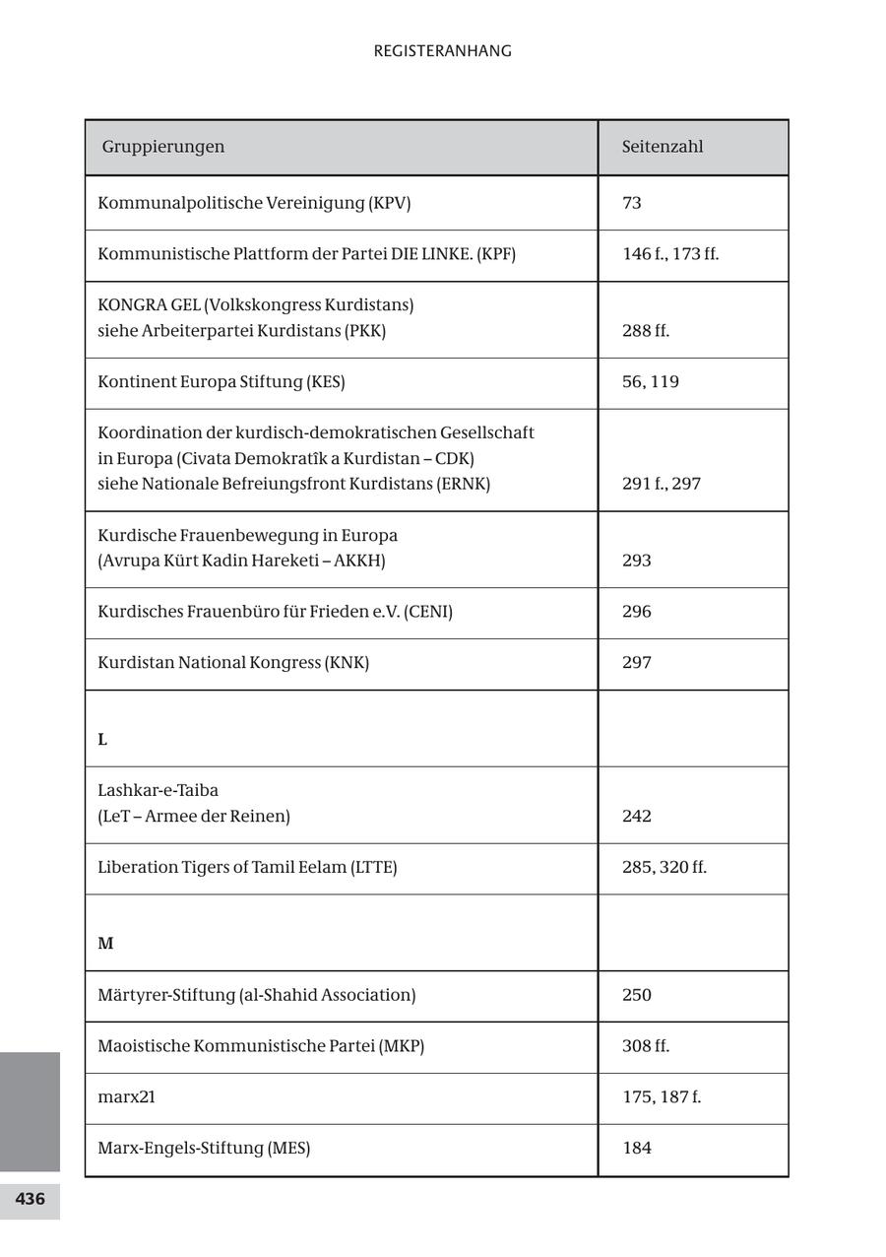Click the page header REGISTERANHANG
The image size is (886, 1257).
(x=442, y=51)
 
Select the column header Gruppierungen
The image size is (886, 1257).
(x=163, y=147)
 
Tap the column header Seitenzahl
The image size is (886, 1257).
(x=663, y=147)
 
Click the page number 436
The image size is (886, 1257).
(x=30, y=1199)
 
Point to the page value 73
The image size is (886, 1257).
(x=632, y=203)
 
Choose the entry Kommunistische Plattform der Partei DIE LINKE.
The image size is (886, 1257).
(x=306, y=254)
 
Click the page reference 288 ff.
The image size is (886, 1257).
(x=646, y=331)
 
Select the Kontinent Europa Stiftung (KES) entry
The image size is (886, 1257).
(x=221, y=382)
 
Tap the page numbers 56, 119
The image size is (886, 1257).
(x=651, y=382)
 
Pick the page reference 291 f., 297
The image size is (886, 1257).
(x=662, y=484)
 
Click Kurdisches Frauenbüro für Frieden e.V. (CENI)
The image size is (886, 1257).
(x=275, y=612)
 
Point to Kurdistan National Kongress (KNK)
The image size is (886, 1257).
(x=233, y=663)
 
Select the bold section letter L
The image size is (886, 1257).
(x=102, y=740)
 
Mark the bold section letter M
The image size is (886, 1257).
(x=105, y=944)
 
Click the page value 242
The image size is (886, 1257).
(x=637, y=817)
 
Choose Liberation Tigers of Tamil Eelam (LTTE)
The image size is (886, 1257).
(x=247, y=868)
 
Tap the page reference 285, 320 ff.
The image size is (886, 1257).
(x=664, y=868)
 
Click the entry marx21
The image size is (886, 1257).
(x=126, y=1097)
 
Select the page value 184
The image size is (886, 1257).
(x=637, y=1149)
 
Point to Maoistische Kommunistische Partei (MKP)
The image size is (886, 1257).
(x=261, y=1046)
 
